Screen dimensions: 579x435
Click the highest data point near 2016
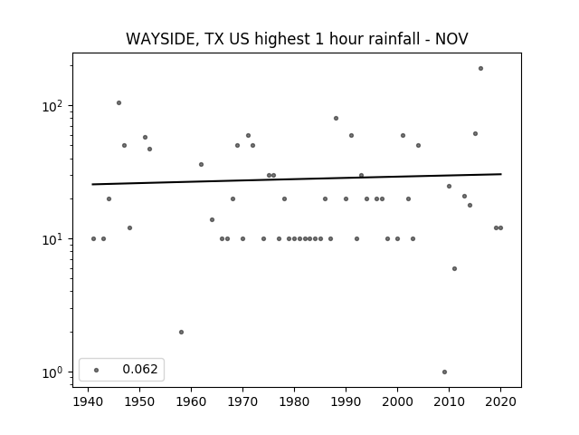(x=480, y=69)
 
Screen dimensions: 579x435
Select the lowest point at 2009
(x=444, y=372)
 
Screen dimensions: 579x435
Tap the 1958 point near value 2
(x=181, y=333)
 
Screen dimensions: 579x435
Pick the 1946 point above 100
(x=119, y=102)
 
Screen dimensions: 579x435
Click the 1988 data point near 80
(x=336, y=119)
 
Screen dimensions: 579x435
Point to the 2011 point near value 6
(x=454, y=268)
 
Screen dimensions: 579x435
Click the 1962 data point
(x=201, y=165)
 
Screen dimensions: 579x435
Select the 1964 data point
(x=212, y=219)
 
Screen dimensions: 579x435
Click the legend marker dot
(x=97, y=370)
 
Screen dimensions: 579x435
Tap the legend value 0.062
(x=140, y=369)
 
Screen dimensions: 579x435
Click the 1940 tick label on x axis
(x=89, y=401)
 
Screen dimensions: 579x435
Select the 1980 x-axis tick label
(x=294, y=401)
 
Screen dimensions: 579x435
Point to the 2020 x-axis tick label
(x=500, y=401)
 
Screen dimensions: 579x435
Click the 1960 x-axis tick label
(x=191, y=401)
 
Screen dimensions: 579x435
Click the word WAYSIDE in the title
(x=161, y=39)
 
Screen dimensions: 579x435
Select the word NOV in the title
(x=451, y=39)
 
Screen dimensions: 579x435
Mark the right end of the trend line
(x=501, y=174)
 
